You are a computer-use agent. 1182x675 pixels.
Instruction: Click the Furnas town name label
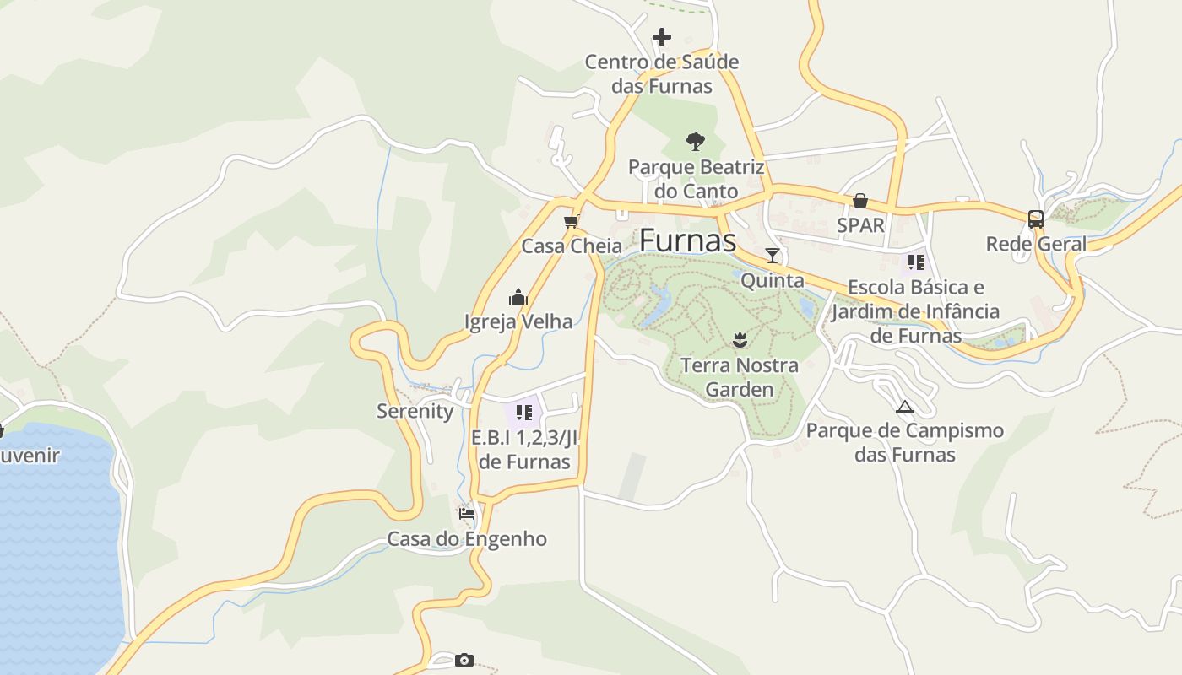tap(688, 240)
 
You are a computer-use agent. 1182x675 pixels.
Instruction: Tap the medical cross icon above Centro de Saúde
tap(662, 37)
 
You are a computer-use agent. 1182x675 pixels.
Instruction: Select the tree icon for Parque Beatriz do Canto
tap(696, 141)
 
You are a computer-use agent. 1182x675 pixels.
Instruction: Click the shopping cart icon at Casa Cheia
tap(572, 221)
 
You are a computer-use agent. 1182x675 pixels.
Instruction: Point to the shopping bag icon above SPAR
tap(859, 201)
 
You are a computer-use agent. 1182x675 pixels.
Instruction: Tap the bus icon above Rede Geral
tap(1036, 219)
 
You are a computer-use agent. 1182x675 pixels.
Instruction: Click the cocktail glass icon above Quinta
tap(772, 256)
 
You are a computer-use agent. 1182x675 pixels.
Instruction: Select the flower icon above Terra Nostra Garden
tap(740, 340)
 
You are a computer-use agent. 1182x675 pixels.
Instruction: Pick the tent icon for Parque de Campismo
tap(904, 407)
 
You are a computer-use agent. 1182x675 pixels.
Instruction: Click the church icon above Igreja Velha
tap(518, 297)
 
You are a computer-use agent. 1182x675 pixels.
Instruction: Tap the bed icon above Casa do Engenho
tap(467, 513)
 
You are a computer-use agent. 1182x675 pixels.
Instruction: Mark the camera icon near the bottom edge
tap(464, 660)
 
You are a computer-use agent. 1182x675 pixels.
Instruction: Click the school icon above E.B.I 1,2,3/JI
tap(523, 413)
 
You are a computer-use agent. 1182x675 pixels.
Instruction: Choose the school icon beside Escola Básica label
tap(916, 262)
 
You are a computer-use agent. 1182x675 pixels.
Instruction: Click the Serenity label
tap(415, 411)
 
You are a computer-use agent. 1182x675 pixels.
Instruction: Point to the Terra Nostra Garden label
tap(740, 377)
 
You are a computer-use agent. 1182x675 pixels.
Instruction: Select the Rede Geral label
tap(1036, 245)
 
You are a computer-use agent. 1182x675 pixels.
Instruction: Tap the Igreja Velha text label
tap(518, 321)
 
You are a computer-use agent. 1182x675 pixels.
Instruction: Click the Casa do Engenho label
tap(467, 538)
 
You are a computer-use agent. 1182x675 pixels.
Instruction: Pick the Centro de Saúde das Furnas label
tap(662, 73)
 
